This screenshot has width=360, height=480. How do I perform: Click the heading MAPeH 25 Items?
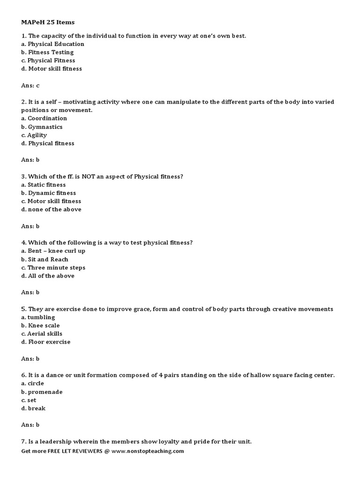48,22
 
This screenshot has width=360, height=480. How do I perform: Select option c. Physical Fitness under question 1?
48,60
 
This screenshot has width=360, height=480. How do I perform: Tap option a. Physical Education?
52,44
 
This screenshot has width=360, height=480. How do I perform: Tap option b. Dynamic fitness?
48,193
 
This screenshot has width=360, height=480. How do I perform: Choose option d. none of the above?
51,210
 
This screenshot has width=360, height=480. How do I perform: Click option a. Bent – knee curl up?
53,251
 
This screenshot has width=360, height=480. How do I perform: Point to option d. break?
33,408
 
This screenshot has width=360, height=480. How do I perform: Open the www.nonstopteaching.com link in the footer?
148,451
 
